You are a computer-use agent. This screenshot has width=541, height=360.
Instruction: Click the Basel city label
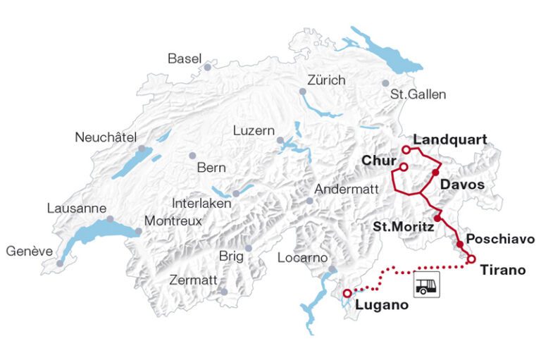click(185, 58)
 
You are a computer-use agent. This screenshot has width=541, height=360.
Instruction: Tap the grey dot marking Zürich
click(303, 92)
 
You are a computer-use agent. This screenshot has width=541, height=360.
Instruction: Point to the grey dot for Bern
click(192, 156)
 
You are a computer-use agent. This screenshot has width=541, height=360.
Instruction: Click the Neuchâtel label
click(104, 137)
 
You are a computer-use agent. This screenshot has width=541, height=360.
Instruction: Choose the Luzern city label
click(254, 130)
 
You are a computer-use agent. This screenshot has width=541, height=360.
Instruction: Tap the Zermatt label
click(193, 280)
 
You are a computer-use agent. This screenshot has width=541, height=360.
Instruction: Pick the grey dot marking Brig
click(248, 248)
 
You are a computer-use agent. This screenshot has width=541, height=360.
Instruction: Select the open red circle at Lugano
click(347, 293)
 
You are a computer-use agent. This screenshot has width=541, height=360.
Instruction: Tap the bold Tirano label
click(502, 270)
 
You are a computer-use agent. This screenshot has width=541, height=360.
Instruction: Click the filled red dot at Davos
click(435, 173)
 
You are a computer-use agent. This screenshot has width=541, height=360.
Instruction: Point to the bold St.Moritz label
click(401, 226)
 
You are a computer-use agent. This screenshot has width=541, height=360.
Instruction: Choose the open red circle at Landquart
click(406, 149)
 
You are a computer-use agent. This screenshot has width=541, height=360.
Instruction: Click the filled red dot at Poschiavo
click(460, 244)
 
